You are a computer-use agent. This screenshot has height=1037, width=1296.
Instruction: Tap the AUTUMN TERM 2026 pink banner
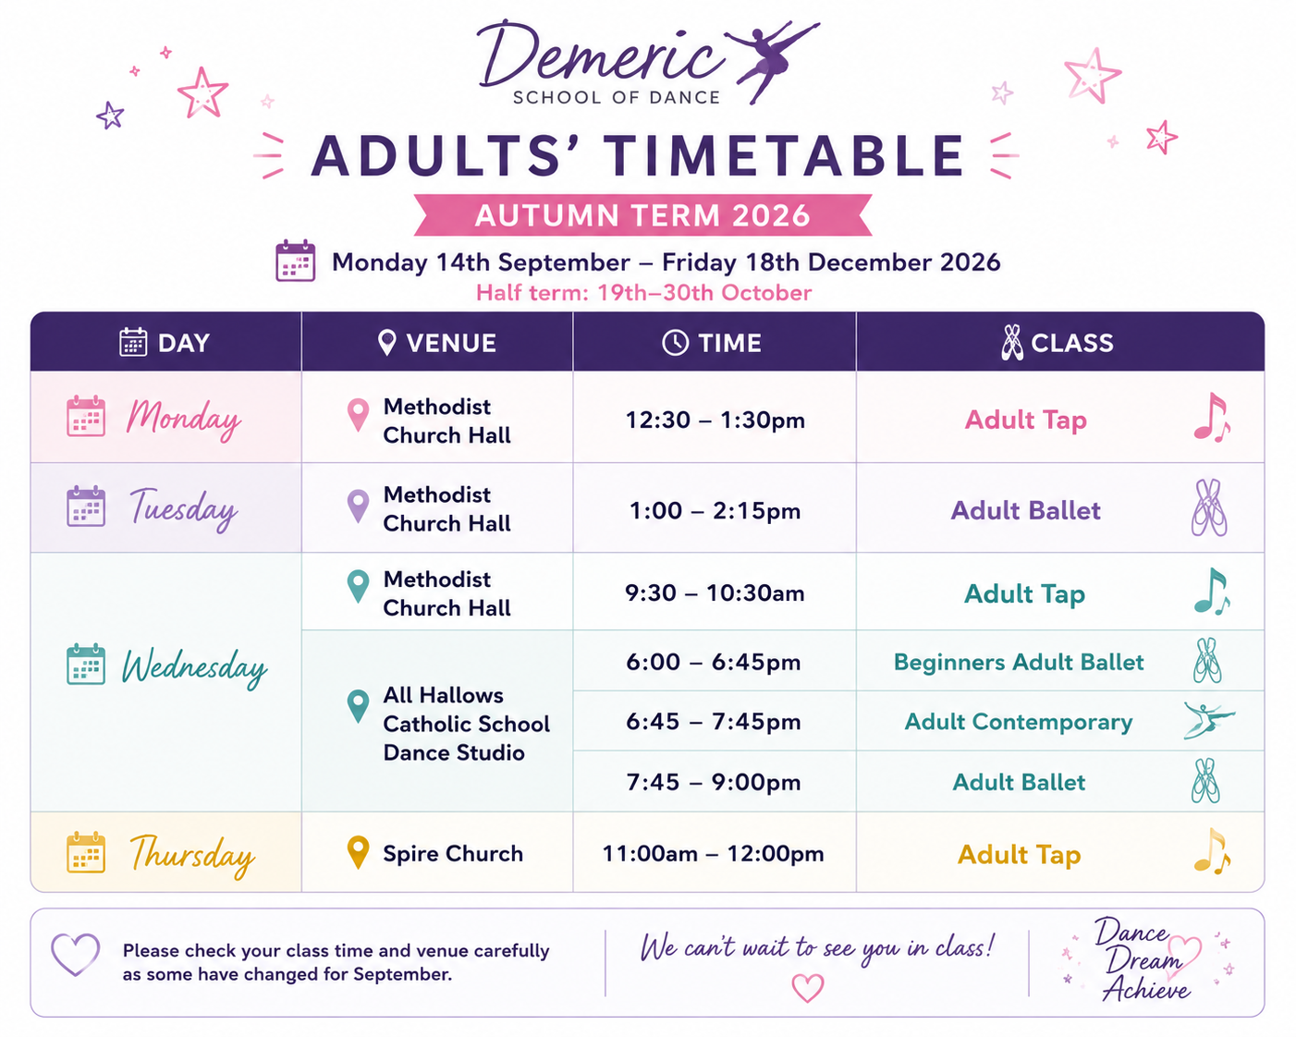[642, 215]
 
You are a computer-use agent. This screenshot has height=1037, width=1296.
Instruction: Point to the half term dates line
[643, 293]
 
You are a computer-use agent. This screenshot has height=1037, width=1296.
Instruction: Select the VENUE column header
[437, 343]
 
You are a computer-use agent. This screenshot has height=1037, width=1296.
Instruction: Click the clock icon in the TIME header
[675, 343]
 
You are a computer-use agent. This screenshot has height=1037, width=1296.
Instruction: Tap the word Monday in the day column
[184, 419]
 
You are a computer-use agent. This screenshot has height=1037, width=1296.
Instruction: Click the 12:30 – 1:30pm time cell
[715, 420]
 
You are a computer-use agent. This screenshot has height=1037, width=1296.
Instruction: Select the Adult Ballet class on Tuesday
[1025, 510]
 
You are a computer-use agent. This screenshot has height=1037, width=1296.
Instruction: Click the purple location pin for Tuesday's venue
[358, 506]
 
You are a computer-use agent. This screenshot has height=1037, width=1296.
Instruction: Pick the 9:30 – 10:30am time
[715, 592]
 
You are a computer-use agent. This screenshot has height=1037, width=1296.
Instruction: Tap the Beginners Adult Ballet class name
[1019, 662]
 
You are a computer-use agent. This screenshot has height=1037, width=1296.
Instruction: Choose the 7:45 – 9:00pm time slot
[714, 782]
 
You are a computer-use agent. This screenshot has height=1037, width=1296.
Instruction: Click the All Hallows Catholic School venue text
[466, 724]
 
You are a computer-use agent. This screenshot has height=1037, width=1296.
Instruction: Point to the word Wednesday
[194, 667]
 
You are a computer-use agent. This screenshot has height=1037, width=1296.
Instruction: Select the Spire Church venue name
[453, 853]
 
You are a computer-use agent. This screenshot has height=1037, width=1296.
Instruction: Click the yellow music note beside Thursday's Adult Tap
[1212, 851]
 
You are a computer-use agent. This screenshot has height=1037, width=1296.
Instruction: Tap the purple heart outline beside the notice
[75, 955]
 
